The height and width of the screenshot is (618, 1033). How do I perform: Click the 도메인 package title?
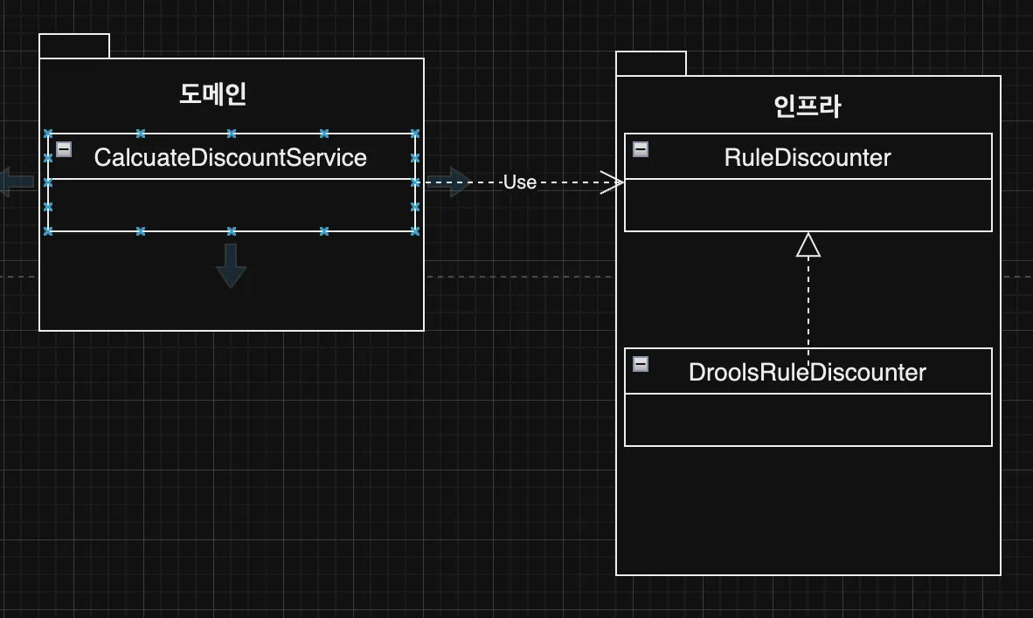click(x=213, y=94)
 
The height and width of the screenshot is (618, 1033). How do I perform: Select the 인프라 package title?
click(x=808, y=106)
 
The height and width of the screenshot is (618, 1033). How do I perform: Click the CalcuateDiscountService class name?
click(x=230, y=158)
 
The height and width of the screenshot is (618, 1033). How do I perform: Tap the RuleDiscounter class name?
click(x=808, y=157)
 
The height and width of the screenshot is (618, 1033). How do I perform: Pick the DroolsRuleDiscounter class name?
click(x=807, y=372)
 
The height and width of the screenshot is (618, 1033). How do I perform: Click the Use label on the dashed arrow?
click(x=519, y=182)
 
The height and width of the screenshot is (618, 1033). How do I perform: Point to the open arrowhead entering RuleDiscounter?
click(x=614, y=182)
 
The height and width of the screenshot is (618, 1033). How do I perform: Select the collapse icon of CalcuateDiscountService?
click(x=64, y=149)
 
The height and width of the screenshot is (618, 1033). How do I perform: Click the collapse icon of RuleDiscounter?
click(x=641, y=149)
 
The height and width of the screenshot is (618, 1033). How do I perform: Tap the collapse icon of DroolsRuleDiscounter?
click(x=641, y=364)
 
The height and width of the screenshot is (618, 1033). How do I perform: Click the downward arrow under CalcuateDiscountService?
click(x=231, y=265)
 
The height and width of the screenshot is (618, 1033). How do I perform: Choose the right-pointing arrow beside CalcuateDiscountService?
click(x=448, y=182)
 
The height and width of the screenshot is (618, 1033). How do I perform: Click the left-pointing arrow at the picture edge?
click(x=17, y=182)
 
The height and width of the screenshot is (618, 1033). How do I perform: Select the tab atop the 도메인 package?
click(x=74, y=46)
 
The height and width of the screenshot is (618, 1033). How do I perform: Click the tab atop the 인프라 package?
click(x=651, y=64)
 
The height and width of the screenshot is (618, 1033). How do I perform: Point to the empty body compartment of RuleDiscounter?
click(x=808, y=205)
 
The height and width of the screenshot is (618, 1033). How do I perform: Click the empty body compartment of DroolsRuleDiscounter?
click(x=808, y=420)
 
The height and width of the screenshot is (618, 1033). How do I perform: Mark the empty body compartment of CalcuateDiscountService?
click(x=231, y=205)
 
